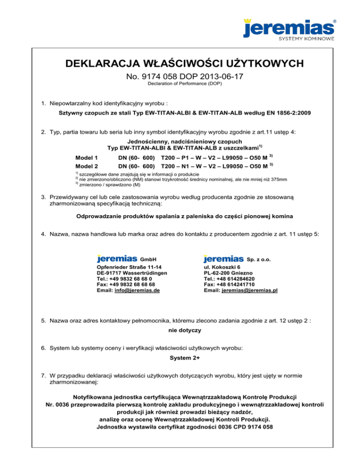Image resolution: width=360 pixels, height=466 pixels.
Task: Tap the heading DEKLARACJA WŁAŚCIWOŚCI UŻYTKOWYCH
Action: (x=180, y=63)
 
